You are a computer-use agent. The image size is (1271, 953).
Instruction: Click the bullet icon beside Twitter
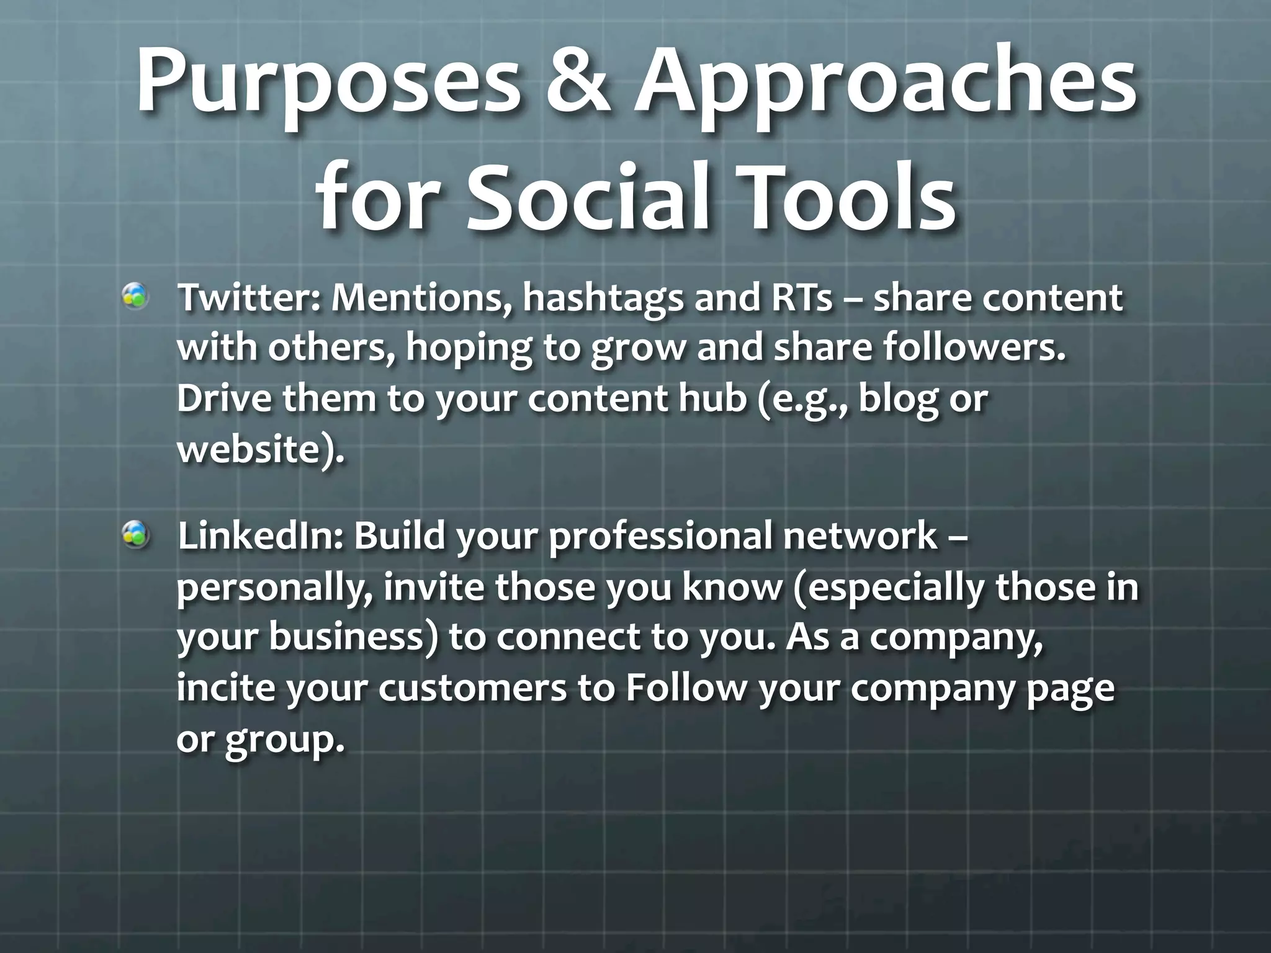pyautogui.click(x=135, y=297)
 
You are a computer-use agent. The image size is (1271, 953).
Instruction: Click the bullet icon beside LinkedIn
pyautogui.click(x=135, y=535)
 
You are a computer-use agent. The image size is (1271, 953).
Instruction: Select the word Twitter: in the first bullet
pyautogui.click(x=248, y=298)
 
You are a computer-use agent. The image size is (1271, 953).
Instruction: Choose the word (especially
pyautogui.click(x=887, y=588)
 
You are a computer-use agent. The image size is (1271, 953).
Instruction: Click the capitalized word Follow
pyautogui.click(x=685, y=689)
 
